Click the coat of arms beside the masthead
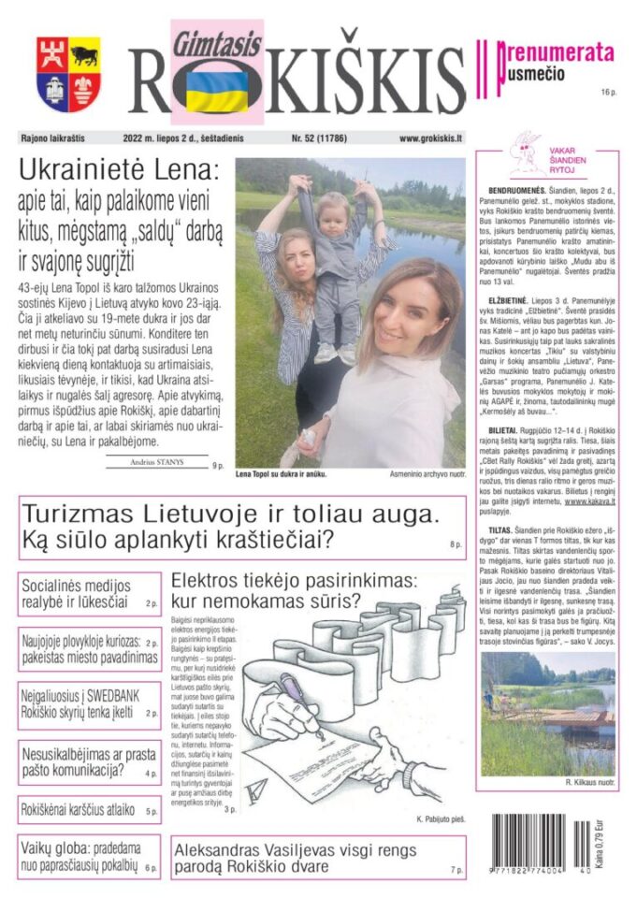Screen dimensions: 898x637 tap(68, 74)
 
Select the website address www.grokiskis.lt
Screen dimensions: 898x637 tap(431, 138)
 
